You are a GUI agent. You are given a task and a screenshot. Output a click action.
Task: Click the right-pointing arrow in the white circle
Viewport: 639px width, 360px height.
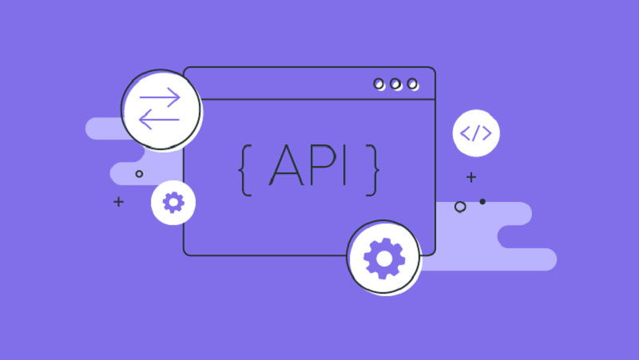[160, 97]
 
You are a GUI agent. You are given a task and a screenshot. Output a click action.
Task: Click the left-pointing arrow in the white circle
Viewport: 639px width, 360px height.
[159, 119]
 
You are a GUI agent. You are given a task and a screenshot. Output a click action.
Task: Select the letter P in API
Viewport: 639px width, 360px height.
[323, 165]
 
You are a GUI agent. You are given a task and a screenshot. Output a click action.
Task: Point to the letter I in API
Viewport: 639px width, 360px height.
[345, 165]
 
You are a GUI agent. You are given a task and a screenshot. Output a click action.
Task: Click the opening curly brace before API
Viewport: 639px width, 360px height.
[245, 170]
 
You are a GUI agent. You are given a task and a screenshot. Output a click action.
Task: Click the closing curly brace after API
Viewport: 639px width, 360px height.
[372, 170]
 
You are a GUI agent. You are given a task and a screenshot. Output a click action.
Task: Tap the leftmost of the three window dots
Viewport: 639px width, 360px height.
[379, 85]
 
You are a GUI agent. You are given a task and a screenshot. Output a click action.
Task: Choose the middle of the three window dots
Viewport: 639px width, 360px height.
[395, 85]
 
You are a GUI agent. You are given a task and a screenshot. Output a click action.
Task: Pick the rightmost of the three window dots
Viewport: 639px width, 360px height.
[412, 85]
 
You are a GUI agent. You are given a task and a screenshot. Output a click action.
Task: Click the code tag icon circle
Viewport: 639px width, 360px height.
[476, 133]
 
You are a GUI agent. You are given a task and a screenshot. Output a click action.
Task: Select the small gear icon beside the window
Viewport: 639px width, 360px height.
[173, 203]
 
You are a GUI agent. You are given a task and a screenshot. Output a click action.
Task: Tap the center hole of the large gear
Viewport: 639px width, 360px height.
[384, 259]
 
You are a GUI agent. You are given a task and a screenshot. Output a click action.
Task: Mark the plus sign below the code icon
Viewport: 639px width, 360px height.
[471, 177]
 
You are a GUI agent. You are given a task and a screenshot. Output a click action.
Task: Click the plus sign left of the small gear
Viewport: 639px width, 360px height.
[118, 202]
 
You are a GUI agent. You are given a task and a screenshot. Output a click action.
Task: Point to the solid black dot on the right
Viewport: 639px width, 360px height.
[482, 202]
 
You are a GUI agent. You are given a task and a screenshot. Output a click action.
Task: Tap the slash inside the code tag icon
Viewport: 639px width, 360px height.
[476, 133]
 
